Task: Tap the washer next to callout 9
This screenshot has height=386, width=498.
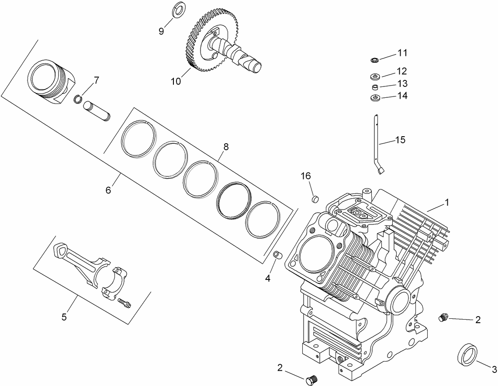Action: point(179,9)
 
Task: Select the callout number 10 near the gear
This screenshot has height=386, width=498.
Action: point(175,82)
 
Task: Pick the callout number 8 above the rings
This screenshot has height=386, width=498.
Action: point(226,147)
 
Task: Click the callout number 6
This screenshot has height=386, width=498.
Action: point(109,190)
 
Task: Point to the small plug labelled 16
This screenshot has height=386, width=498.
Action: point(313,199)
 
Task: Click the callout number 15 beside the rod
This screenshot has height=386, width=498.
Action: point(400,140)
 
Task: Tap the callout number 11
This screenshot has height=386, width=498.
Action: point(402,53)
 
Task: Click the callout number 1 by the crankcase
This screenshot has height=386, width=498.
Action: point(447,203)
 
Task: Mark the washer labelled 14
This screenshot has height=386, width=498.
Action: point(375,98)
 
